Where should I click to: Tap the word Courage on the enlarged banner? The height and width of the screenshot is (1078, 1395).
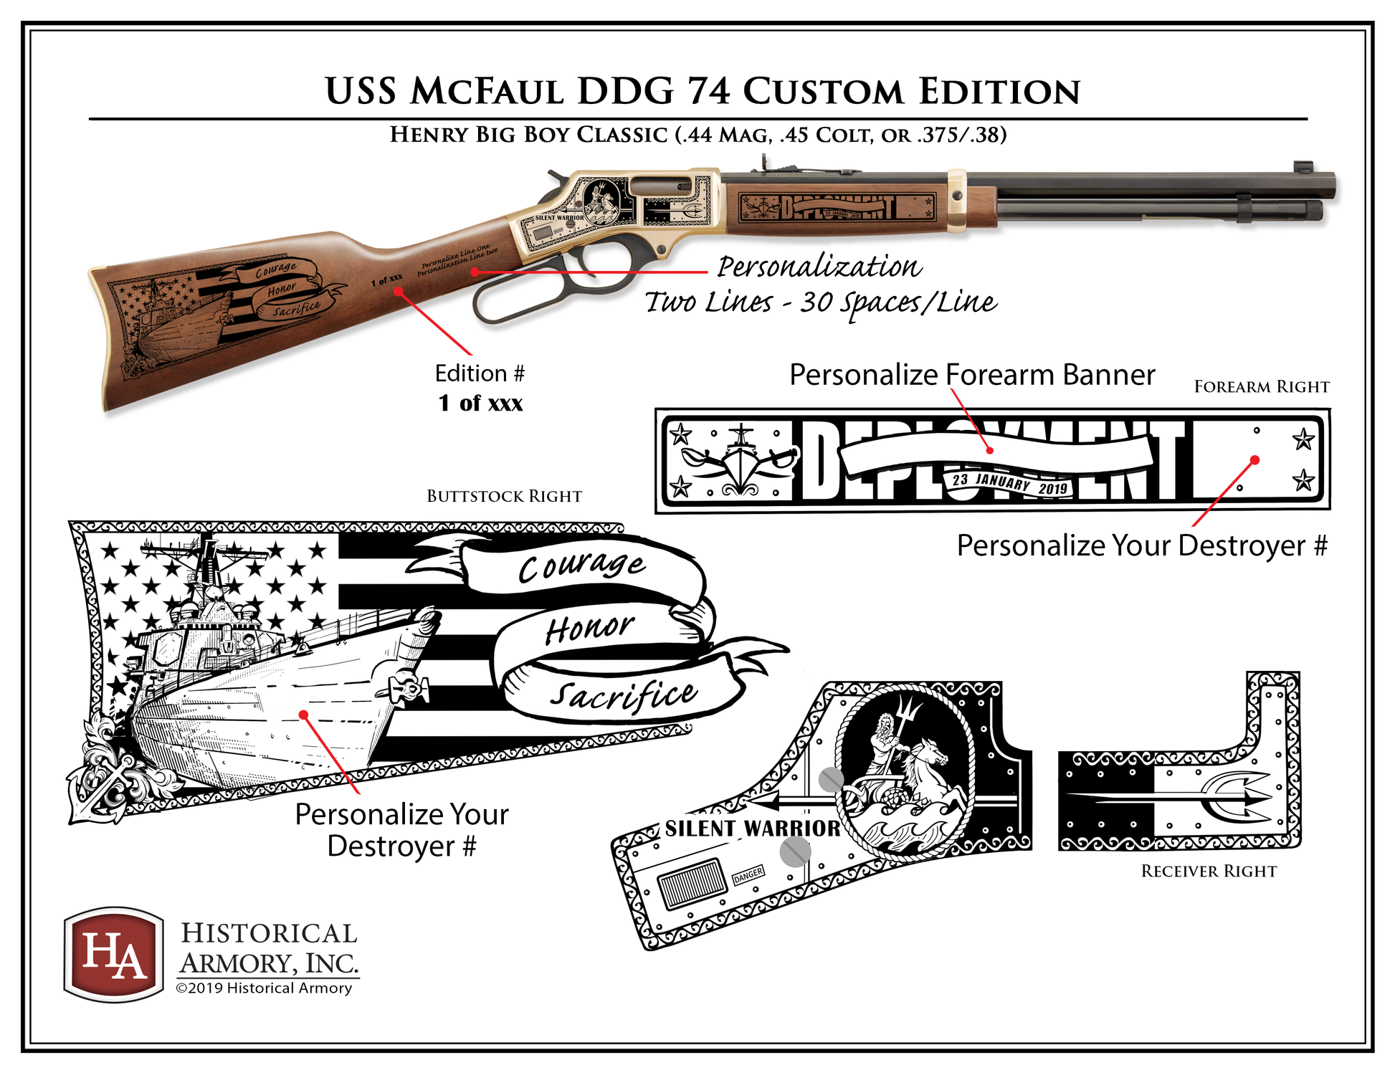[x=581, y=566]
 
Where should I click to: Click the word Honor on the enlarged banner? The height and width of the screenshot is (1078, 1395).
[x=589, y=629]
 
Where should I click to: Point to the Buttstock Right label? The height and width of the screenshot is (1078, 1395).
[x=504, y=496]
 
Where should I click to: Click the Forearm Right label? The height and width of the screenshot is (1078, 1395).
[x=1261, y=387]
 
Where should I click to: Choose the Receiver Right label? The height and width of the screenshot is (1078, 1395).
[x=1209, y=871]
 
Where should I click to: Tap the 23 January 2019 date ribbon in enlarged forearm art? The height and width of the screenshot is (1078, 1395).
[x=1009, y=484]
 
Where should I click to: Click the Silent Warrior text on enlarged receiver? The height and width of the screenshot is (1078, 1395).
[x=752, y=829]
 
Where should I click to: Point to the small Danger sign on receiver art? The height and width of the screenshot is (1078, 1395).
[x=748, y=875]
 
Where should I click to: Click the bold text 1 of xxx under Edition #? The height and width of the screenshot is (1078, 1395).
[x=480, y=403]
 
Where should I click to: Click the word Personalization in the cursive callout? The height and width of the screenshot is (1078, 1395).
[x=819, y=267]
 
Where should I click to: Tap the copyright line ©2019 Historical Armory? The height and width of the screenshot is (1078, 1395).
[x=264, y=988]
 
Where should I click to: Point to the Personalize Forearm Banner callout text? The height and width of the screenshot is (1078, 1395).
[x=971, y=375]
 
